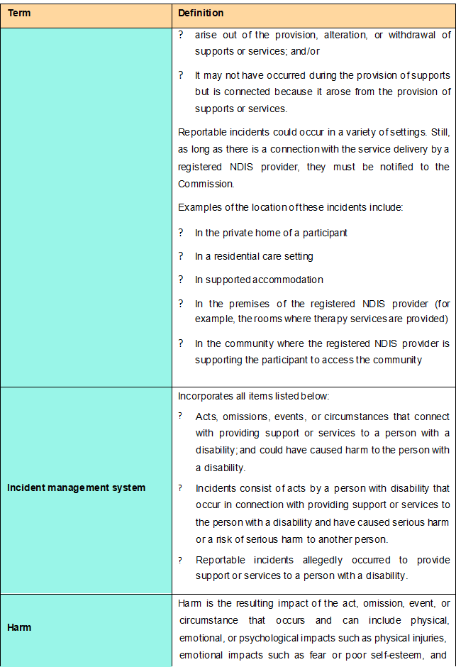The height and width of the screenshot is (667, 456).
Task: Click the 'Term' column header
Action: [x=19, y=13]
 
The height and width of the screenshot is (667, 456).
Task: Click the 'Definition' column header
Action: [x=201, y=13]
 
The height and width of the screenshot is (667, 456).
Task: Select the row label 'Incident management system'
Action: [x=77, y=487]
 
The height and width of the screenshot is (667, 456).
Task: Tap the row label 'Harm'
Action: [x=18, y=627]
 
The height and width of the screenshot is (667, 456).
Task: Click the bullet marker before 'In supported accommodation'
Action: [x=181, y=280]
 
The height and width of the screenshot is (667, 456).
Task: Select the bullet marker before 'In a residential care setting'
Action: [x=181, y=256]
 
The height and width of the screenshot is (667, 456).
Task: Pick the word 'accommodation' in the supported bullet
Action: [x=291, y=280]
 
